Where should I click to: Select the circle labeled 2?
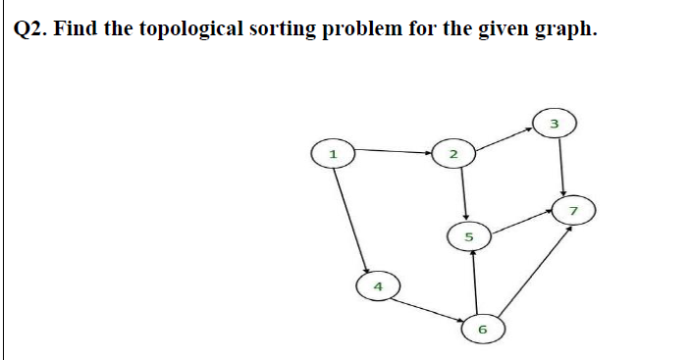[452, 155]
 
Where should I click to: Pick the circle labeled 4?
[376, 287]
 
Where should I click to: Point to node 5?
[468, 236]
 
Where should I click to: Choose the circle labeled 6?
[482, 329]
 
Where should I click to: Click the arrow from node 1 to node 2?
[393, 152]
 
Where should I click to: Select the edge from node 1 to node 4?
[353, 218]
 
